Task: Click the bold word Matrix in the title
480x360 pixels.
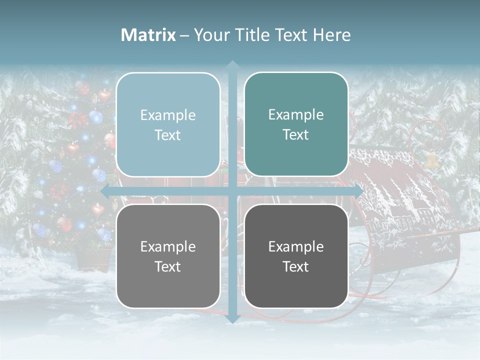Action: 148,35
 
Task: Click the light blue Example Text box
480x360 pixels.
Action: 168,124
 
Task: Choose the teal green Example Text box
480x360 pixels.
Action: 296,124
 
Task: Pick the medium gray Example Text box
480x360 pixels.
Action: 168,256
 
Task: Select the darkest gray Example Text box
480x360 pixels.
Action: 296,256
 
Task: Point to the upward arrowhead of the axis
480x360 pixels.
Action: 232,65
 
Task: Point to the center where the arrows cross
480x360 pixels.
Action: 232,191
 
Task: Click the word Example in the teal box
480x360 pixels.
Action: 296,115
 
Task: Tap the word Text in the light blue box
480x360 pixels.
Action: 168,135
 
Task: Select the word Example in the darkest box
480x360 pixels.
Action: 296,246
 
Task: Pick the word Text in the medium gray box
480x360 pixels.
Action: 168,266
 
